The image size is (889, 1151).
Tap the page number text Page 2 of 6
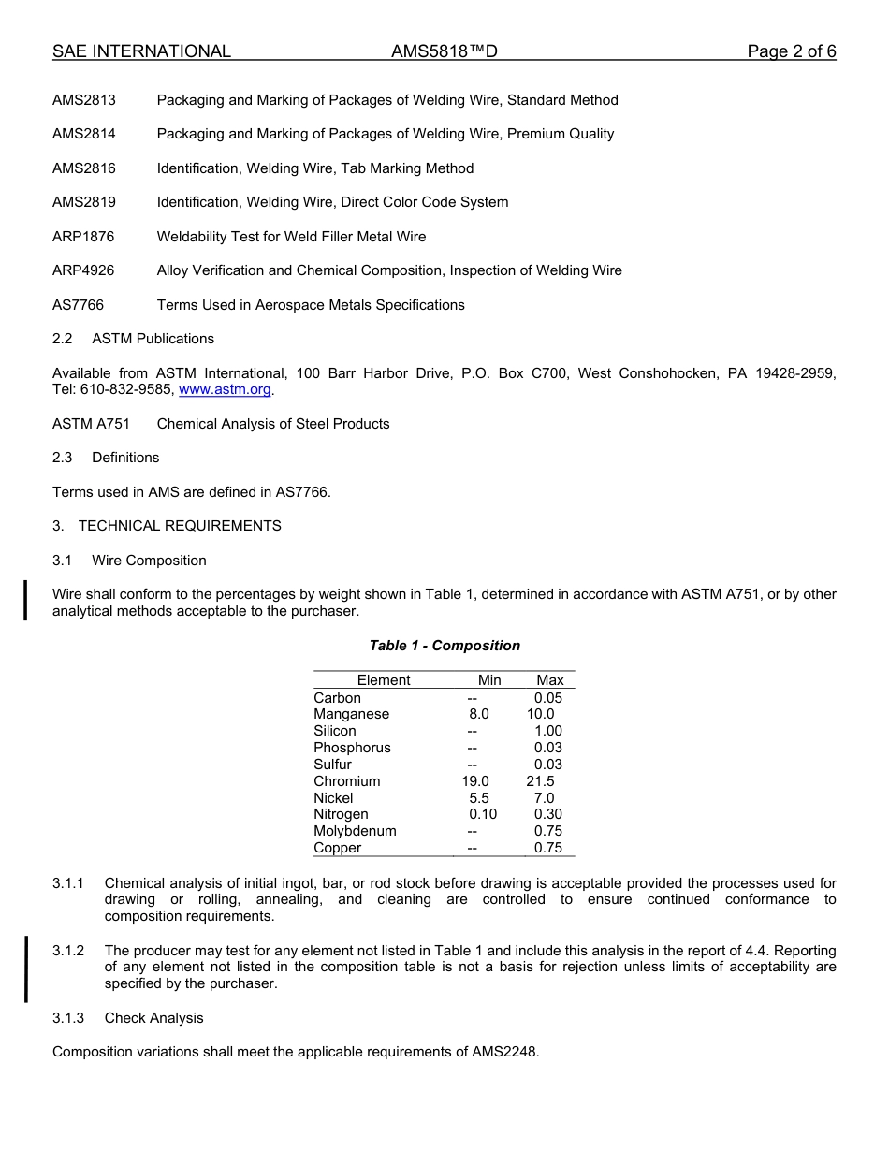pos(791,51)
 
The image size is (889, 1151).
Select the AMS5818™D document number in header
pos(444,51)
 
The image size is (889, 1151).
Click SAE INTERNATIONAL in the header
pos(141,51)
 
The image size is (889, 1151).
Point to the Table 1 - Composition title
pos(444,646)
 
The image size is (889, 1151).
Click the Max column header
pos(550,680)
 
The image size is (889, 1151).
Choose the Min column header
pos(489,680)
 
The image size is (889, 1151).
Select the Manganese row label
pos(351,714)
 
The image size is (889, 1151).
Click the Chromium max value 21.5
pos(540,781)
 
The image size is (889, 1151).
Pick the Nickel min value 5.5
pos(479,798)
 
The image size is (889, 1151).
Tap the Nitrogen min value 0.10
pos(483,814)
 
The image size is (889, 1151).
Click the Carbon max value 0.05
pos(548,698)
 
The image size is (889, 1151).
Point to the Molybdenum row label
pos(355,831)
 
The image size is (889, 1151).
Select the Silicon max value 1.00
pos(548,731)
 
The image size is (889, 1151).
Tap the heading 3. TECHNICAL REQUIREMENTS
pos(167,526)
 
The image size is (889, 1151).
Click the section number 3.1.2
pos(68,951)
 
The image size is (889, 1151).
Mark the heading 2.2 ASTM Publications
pos(133,339)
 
